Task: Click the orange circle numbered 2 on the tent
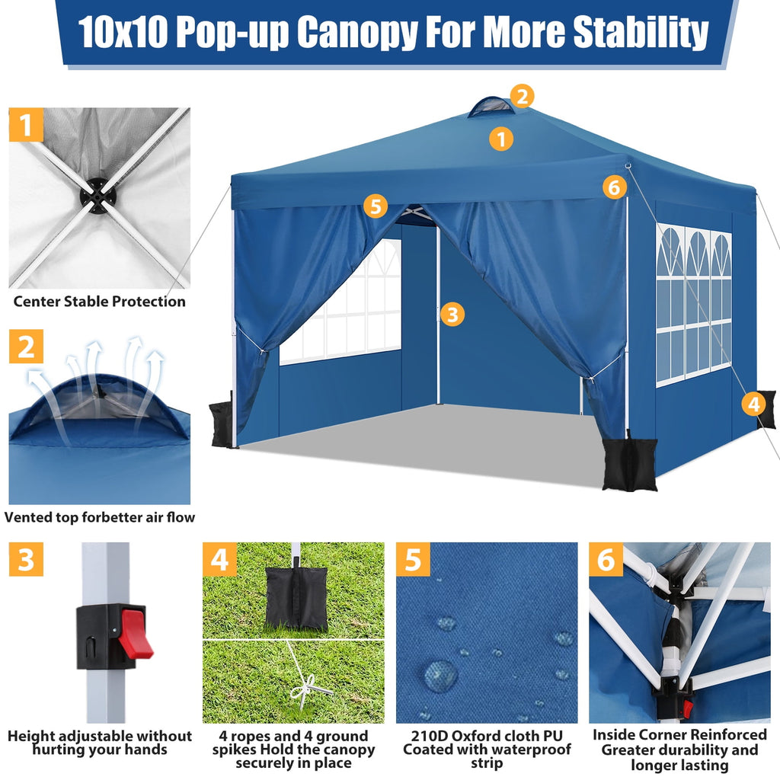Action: [x=521, y=97]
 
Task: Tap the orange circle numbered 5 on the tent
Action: [x=375, y=206]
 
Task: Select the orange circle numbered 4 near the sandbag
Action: [x=753, y=404]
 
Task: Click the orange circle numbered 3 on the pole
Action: [x=452, y=314]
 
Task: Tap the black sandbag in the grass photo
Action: [x=296, y=597]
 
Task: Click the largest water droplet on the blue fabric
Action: [x=440, y=675]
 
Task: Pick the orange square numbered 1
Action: [x=27, y=125]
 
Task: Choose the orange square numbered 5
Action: [x=413, y=560]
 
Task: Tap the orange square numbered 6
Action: [x=606, y=560]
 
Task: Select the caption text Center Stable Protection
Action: [x=99, y=302]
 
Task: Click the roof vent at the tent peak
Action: [x=491, y=107]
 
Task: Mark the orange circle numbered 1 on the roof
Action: [x=500, y=139]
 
